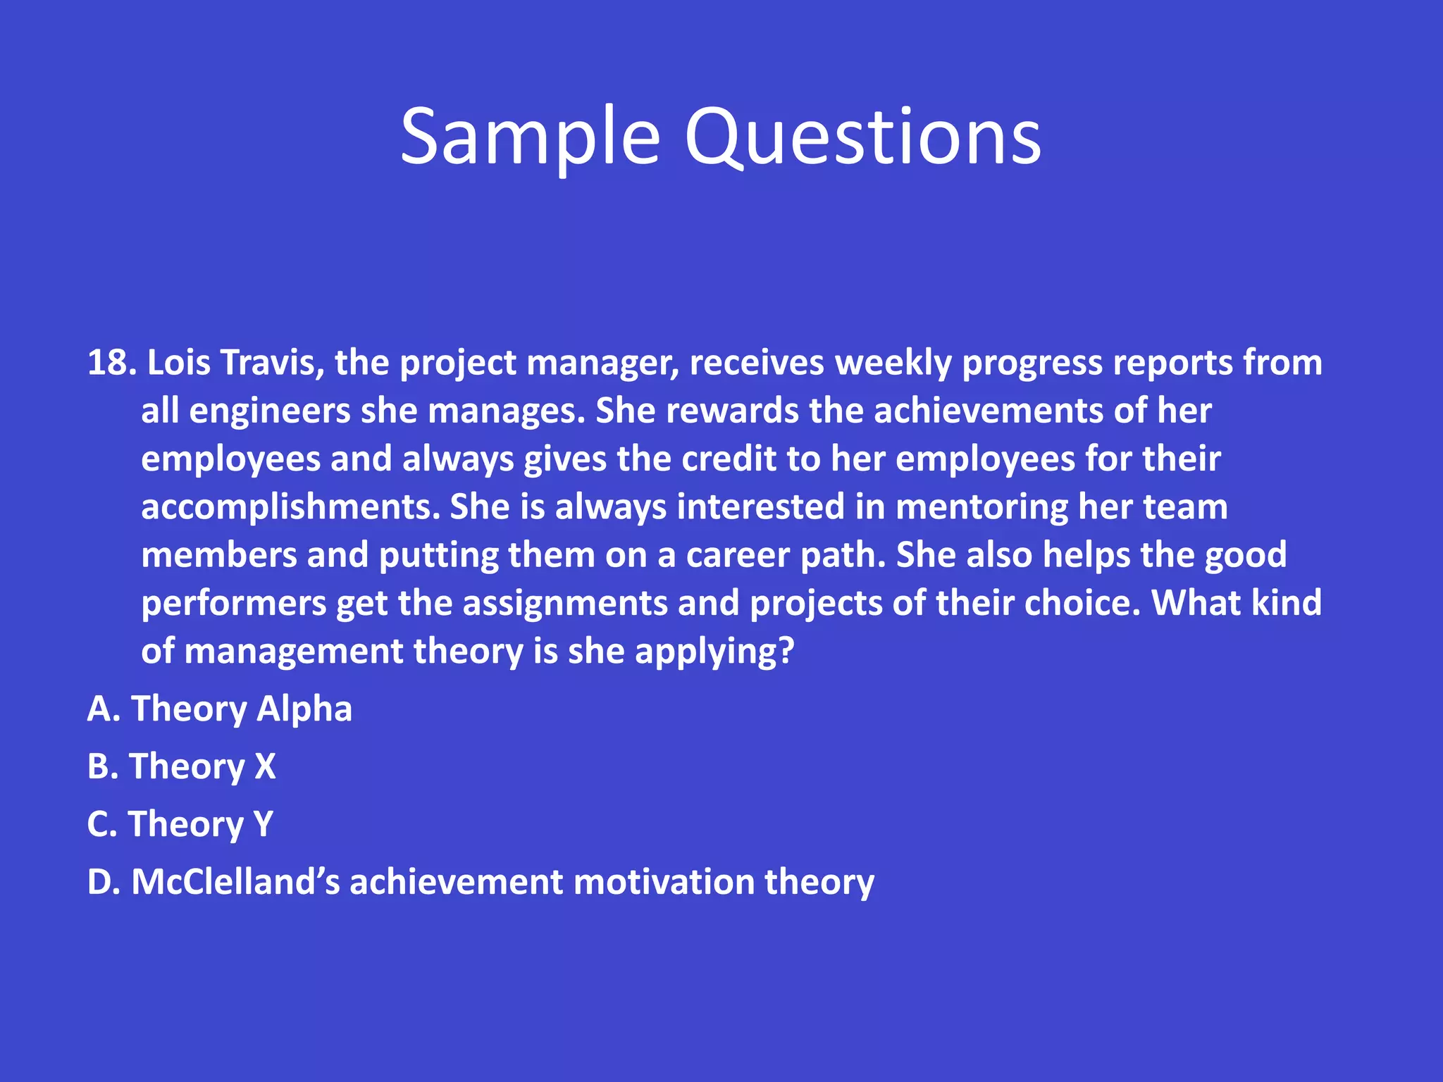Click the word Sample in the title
pyautogui.click(x=530, y=137)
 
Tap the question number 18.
pyautogui.click(x=110, y=363)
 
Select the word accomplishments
pyautogui.click(x=290, y=508)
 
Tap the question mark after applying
pyautogui.click(x=786, y=652)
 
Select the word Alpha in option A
pyautogui.click(x=304, y=709)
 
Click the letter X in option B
pyautogui.click(x=265, y=767)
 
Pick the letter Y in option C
pyautogui.click(x=263, y=825)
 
